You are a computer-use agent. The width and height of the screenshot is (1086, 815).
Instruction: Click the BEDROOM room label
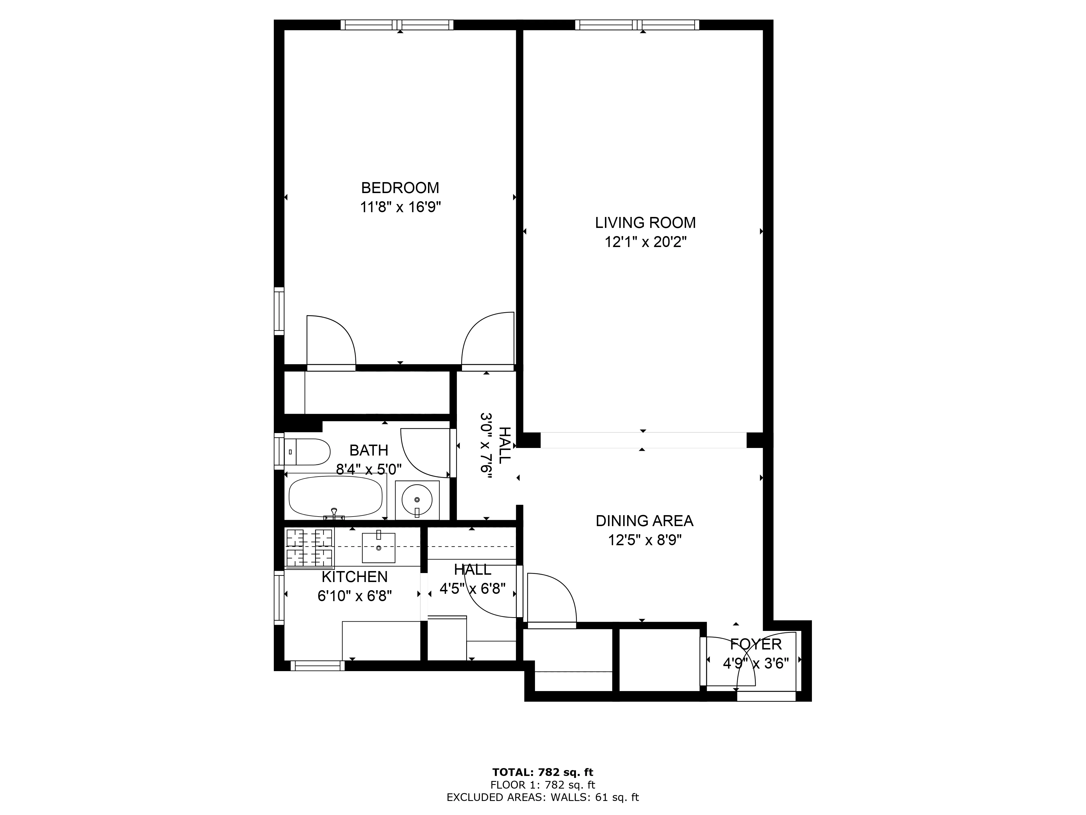(400, 188)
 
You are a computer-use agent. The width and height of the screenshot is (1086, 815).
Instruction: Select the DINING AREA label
(645, 521)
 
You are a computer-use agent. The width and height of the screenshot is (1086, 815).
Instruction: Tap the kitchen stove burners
(309, 548)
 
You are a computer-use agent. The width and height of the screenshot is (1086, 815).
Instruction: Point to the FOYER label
(755, 644)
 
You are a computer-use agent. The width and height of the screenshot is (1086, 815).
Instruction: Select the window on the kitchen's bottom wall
(318, 666)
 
